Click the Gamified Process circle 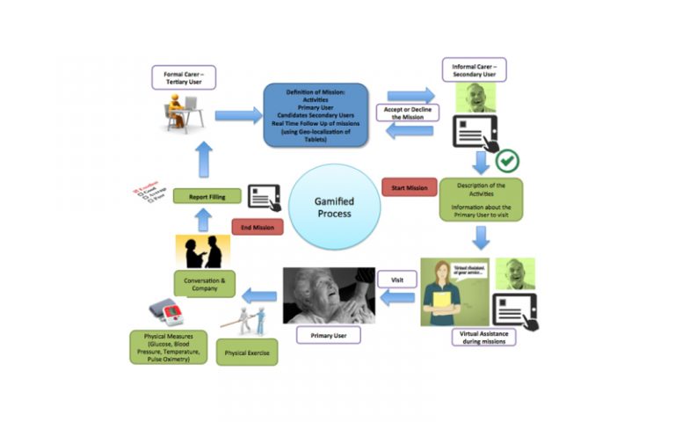click(334, 207)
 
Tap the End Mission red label click(258, 228)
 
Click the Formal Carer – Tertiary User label click(183, 76)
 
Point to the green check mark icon click(508, 161)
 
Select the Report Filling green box click(205, 198)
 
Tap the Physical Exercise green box click(247, 352)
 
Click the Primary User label click(325, 335)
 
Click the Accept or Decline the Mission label click(404, 113)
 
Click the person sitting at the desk click(179, 113)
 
